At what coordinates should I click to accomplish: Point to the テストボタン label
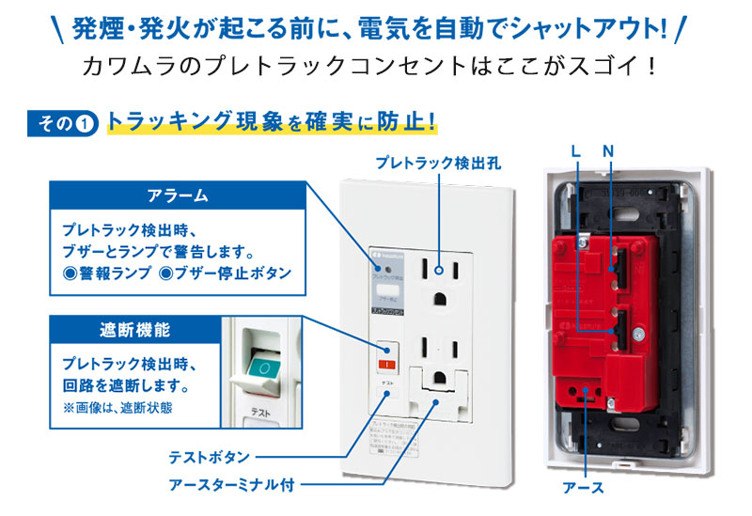click(x=209, y=458)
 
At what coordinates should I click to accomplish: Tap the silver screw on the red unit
click(x=638, y=334)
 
